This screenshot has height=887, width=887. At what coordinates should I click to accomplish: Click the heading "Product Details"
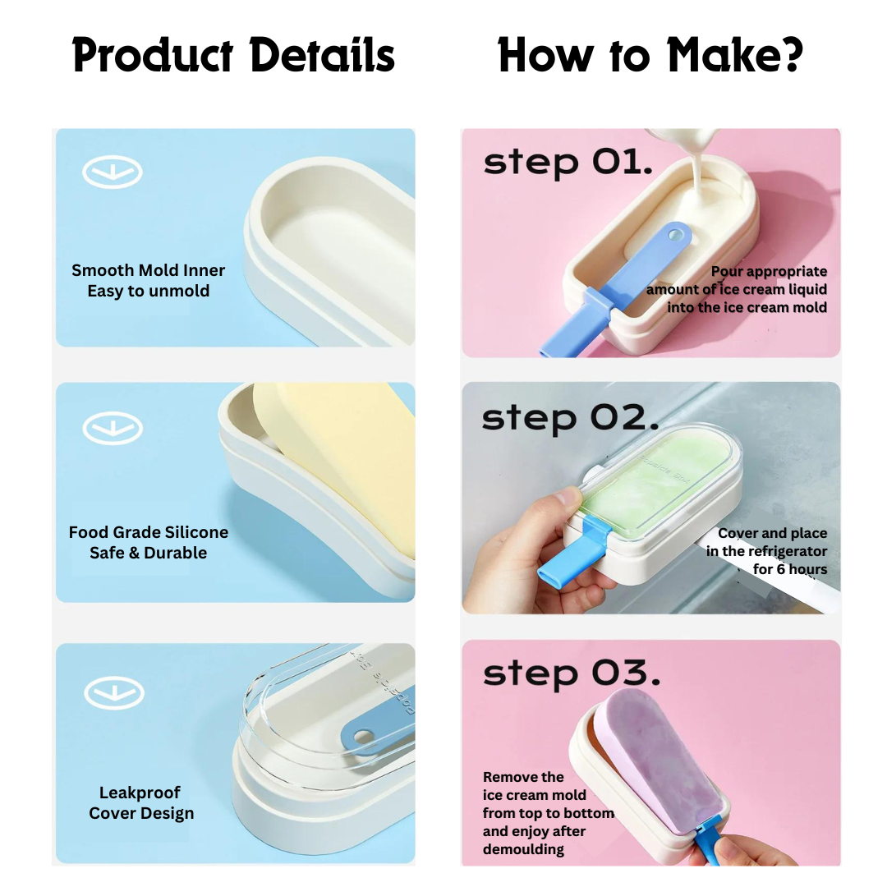233,56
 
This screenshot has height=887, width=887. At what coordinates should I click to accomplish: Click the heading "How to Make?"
650,56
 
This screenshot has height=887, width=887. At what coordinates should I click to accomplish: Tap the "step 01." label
568,163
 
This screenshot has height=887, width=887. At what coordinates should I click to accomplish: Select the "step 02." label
570,419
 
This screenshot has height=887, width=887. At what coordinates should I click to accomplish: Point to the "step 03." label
572,673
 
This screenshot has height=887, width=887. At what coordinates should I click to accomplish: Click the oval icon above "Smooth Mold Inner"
112,172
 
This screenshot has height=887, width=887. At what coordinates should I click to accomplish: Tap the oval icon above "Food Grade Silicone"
113,428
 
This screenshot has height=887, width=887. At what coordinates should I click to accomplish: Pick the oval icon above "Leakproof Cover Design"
114,693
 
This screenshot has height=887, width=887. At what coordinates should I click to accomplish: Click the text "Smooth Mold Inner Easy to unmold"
148,281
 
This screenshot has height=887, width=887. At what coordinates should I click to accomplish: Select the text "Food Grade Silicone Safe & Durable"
148,543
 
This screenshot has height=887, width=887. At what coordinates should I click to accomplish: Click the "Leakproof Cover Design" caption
141,802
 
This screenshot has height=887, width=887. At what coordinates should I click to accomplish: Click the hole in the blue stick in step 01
675,233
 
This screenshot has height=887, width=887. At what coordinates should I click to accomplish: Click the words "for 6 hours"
790,569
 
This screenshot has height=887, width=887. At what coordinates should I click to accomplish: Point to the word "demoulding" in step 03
523,849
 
